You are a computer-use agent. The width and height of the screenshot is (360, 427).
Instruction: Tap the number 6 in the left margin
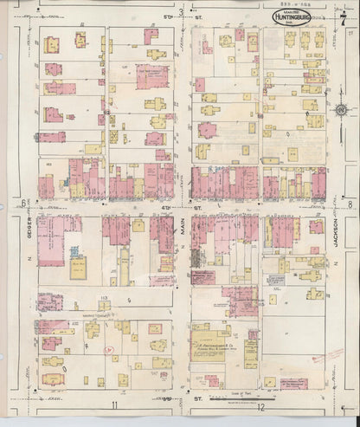(19, 204)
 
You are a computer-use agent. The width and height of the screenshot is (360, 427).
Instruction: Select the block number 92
(107, 111)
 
